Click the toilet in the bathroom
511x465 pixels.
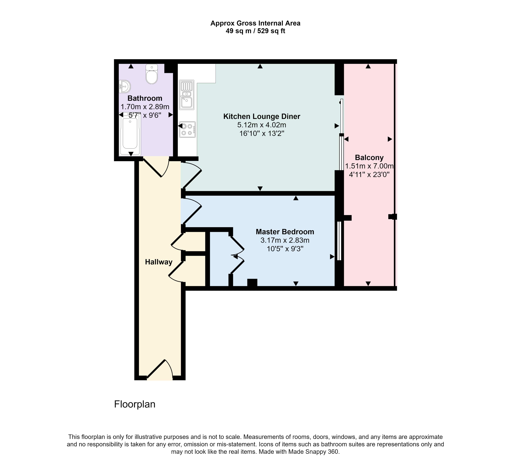click(x=152, y=74)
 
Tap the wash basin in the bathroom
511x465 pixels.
click(x=125, y=86)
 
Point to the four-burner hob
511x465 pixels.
click(x=187, y=129)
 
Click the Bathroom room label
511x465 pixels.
click(x=145, y=98)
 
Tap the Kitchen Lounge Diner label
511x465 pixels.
click(x=262, y=117)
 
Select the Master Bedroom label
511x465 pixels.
click(x=285, y=232)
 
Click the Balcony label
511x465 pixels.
click(x=369, y=158)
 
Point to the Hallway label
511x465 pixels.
click(x=159, y=262)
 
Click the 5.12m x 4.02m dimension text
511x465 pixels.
click(x=262, y=125)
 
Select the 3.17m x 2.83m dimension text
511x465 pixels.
click(x=285, y=240)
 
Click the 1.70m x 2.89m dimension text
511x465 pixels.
click(x=145, y=107)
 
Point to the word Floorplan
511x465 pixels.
click(x=135, y=404)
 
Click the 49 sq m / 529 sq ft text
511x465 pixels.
click(x=255, y=31)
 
